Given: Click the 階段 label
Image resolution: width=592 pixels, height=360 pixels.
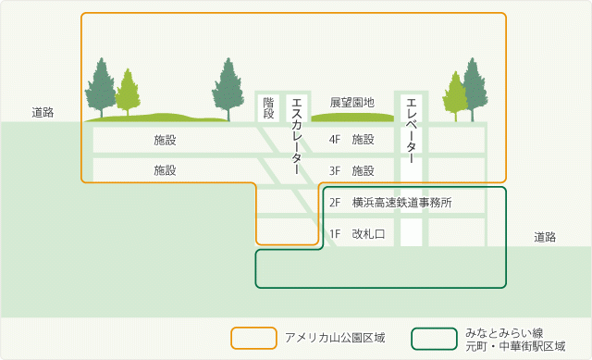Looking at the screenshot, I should pos(268,107).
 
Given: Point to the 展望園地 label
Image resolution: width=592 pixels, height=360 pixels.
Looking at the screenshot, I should pos(352,102).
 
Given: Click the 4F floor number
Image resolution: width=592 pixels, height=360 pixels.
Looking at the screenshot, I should pos(336,140).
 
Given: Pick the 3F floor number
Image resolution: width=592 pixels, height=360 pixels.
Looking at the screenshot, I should pos(336,170).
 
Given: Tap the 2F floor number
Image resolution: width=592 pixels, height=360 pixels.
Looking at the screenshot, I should pos(336,202).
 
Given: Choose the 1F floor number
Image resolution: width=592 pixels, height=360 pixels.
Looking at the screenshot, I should pos(336,234).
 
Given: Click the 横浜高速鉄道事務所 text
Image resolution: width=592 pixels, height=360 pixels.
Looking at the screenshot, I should pos(402,202).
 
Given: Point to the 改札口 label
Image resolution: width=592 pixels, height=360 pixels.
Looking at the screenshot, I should pos(368,234).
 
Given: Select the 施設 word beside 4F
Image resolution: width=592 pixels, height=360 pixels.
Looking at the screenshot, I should pos(363,140).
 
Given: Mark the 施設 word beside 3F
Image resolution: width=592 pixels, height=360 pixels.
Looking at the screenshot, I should pos(363,170).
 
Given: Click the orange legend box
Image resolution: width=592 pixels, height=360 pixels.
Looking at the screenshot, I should pos(254,337).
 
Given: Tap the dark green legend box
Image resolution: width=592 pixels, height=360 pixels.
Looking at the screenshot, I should pos(437,337).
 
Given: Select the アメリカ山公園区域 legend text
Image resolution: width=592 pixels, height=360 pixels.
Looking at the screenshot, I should pos(335,337).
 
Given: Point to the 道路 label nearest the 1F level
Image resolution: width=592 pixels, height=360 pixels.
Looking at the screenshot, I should pos(545,238).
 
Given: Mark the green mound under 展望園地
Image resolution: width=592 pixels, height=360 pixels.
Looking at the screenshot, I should pos(352,118).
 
